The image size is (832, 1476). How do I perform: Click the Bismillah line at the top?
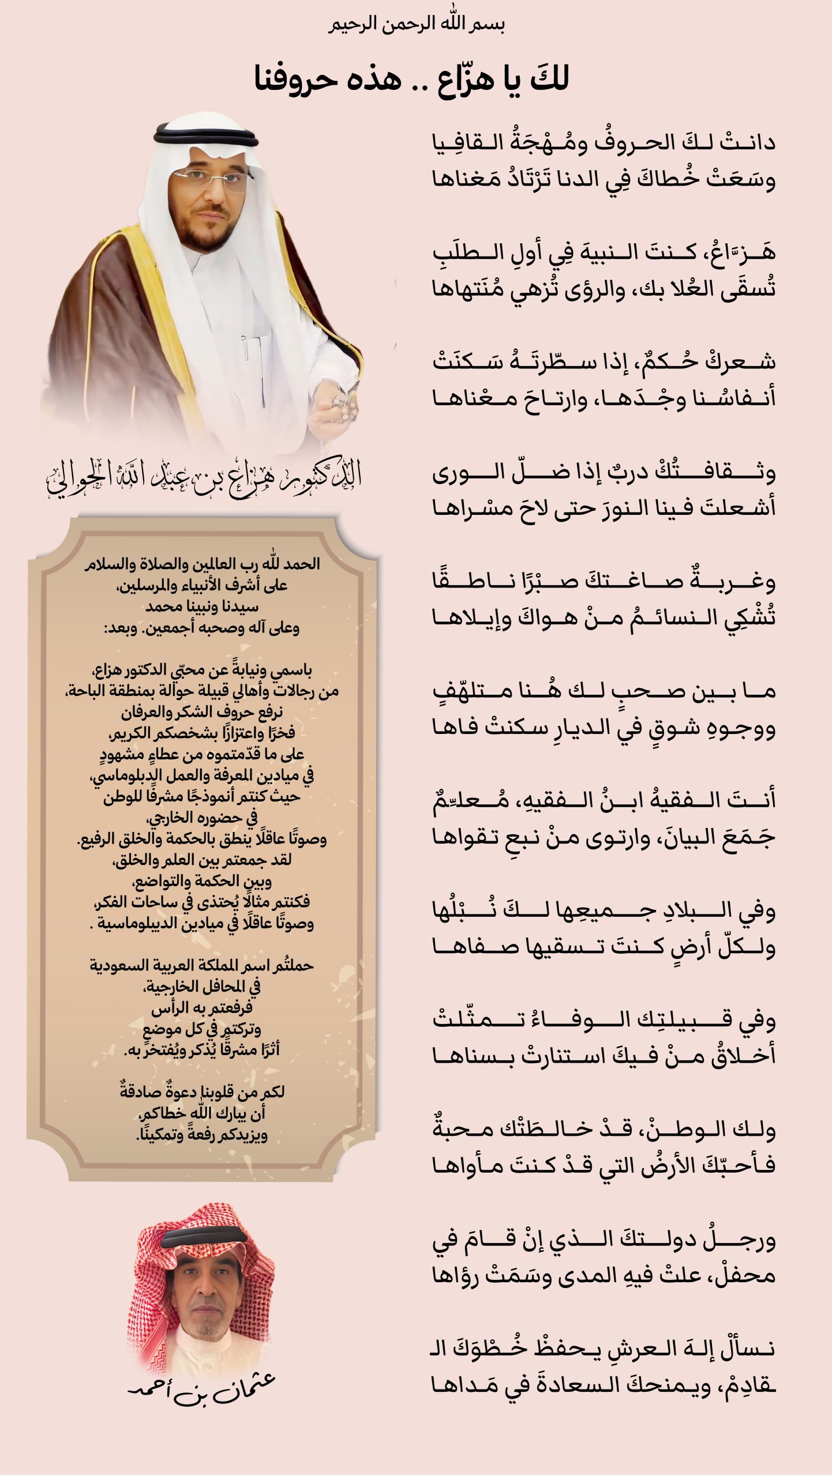coord(417,25)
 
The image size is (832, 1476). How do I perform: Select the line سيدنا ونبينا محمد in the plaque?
coord(202,607)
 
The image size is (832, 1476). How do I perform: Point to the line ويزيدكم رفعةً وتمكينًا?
coord(202,1135)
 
